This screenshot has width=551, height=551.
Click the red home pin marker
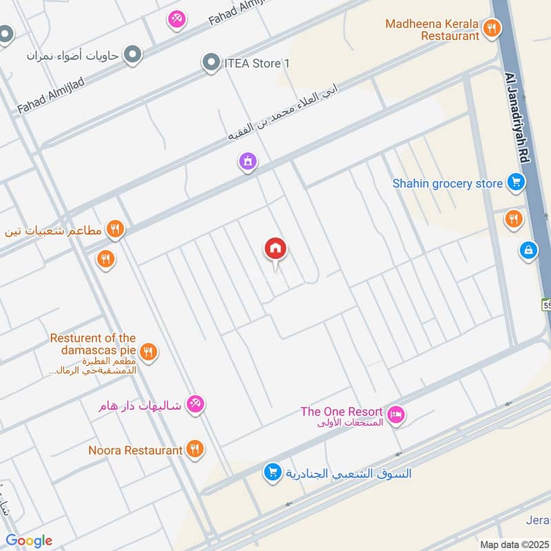point(275,249)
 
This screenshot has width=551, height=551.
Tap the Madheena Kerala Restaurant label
point(432,30)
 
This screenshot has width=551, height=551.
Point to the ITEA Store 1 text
point(253,64)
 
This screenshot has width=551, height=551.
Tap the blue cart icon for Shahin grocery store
point(514,183)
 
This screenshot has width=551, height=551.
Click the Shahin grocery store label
point(448,184)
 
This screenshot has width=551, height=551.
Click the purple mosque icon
point(247,162)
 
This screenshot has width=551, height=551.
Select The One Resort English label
point(341,412)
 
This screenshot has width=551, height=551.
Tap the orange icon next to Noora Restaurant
point(195,450)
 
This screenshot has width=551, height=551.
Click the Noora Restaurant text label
point(136,450)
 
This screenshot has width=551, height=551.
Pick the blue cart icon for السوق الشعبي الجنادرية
point(273,472)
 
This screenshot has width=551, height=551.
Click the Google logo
point(29,541)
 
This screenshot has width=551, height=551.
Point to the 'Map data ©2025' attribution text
point(514,544)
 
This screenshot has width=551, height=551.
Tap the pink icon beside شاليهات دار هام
point(196,405)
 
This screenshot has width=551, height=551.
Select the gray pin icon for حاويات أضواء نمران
point(132,54)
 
